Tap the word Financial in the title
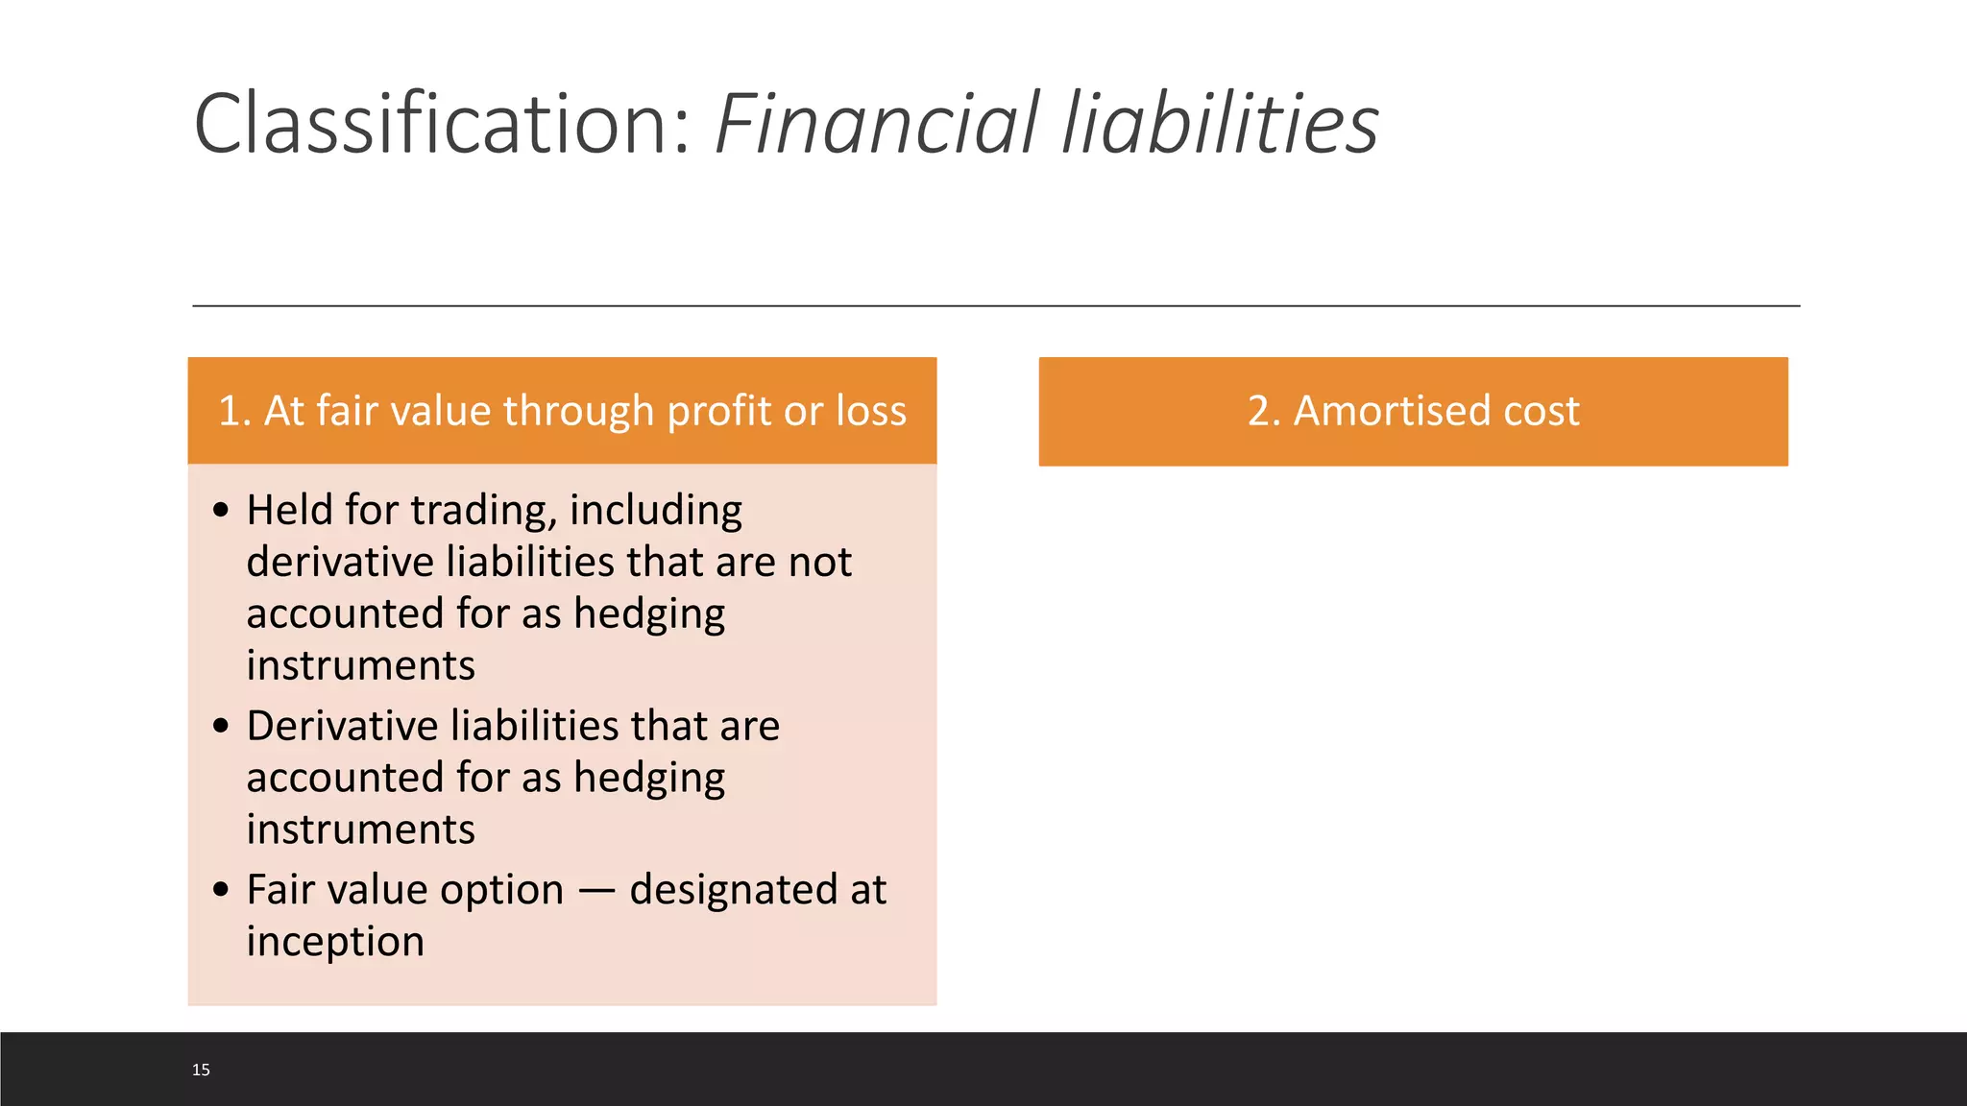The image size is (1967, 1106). click(877, 123)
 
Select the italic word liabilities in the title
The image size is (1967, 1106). click(1221, 123)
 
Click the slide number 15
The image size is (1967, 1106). click(201, 1070)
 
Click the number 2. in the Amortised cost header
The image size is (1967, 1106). click(1264, 411)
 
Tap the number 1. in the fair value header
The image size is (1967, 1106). click(234, 411)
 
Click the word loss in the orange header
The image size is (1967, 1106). click(870, 411)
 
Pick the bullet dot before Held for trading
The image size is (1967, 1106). click(222, 510)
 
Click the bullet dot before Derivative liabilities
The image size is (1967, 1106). click(222, 726)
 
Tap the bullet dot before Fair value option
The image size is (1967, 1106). click(222, 890)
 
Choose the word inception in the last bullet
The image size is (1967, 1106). click(335, 942)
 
